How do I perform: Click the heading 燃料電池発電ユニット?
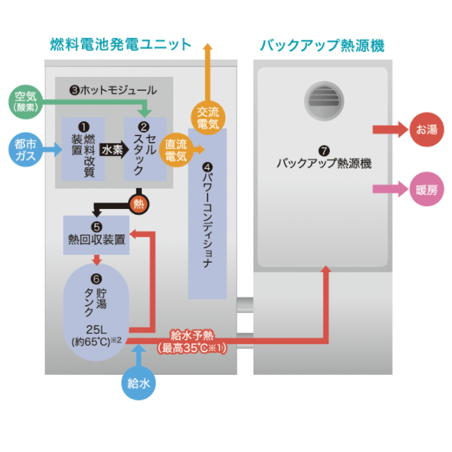click(x=121, y=44)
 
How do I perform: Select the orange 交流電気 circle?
click(x=208, y=117)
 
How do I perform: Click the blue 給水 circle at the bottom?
click(x=138, y=384)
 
